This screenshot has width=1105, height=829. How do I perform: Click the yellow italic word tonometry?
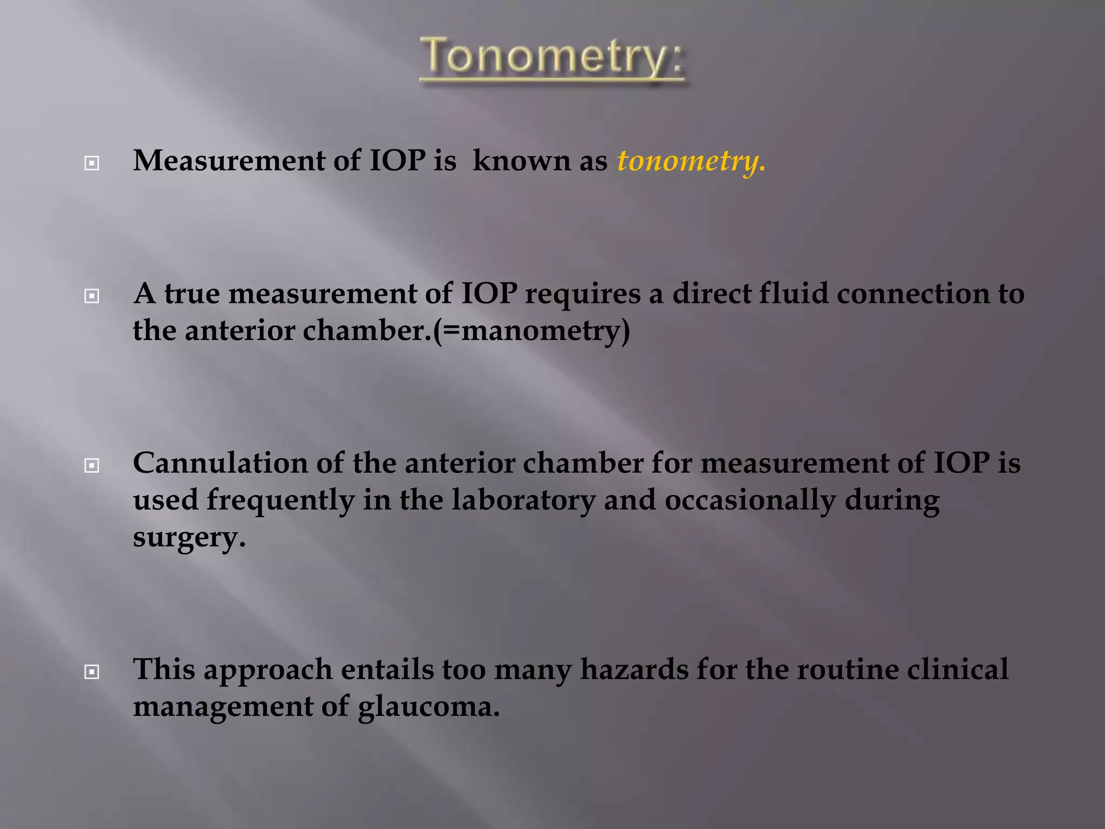point(691,161)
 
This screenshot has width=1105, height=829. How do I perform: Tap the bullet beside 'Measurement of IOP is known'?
point(92,163)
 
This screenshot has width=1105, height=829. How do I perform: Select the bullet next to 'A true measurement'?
point(92,296)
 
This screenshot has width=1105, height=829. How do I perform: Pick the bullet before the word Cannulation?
point(92,465)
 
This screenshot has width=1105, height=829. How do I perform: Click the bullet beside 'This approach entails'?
point(92,671)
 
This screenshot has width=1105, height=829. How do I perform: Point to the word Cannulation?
point(220,463)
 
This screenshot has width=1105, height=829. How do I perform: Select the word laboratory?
point(523,500)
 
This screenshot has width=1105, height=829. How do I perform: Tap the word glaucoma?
point(429,706)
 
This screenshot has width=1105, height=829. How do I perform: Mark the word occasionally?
point(750,500)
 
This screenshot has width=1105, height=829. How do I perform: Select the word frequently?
point(281,500)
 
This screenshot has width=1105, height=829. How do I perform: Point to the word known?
point(521,161)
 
